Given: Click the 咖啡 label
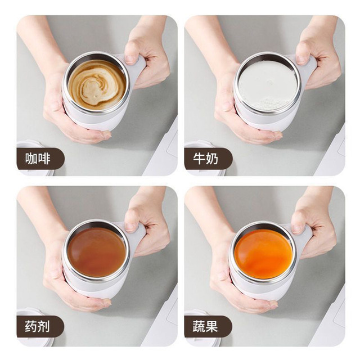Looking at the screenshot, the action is (38, 159).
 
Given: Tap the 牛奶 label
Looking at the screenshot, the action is (205, 159).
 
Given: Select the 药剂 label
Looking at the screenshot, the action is (38, 326).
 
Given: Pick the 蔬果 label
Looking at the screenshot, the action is (205, 326).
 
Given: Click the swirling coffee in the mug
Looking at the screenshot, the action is (97, 85).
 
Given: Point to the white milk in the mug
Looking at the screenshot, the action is (268, 85).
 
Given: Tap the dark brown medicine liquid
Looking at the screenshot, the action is (97, 252).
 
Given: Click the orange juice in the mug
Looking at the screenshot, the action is (264, 254).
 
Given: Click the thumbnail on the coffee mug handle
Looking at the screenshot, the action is (130, 59).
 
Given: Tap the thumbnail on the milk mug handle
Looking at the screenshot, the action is (301, 60).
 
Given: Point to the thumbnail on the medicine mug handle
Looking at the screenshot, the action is (130, 227).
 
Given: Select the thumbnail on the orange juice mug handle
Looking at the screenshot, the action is (297, 229).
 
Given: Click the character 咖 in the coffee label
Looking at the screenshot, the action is (31, 159).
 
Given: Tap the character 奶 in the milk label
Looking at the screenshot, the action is (212, 159).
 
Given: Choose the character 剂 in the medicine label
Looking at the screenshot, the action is (44, 326).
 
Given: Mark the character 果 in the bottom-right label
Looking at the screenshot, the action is (211, 326).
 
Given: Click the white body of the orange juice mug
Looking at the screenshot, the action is (257, 289).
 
